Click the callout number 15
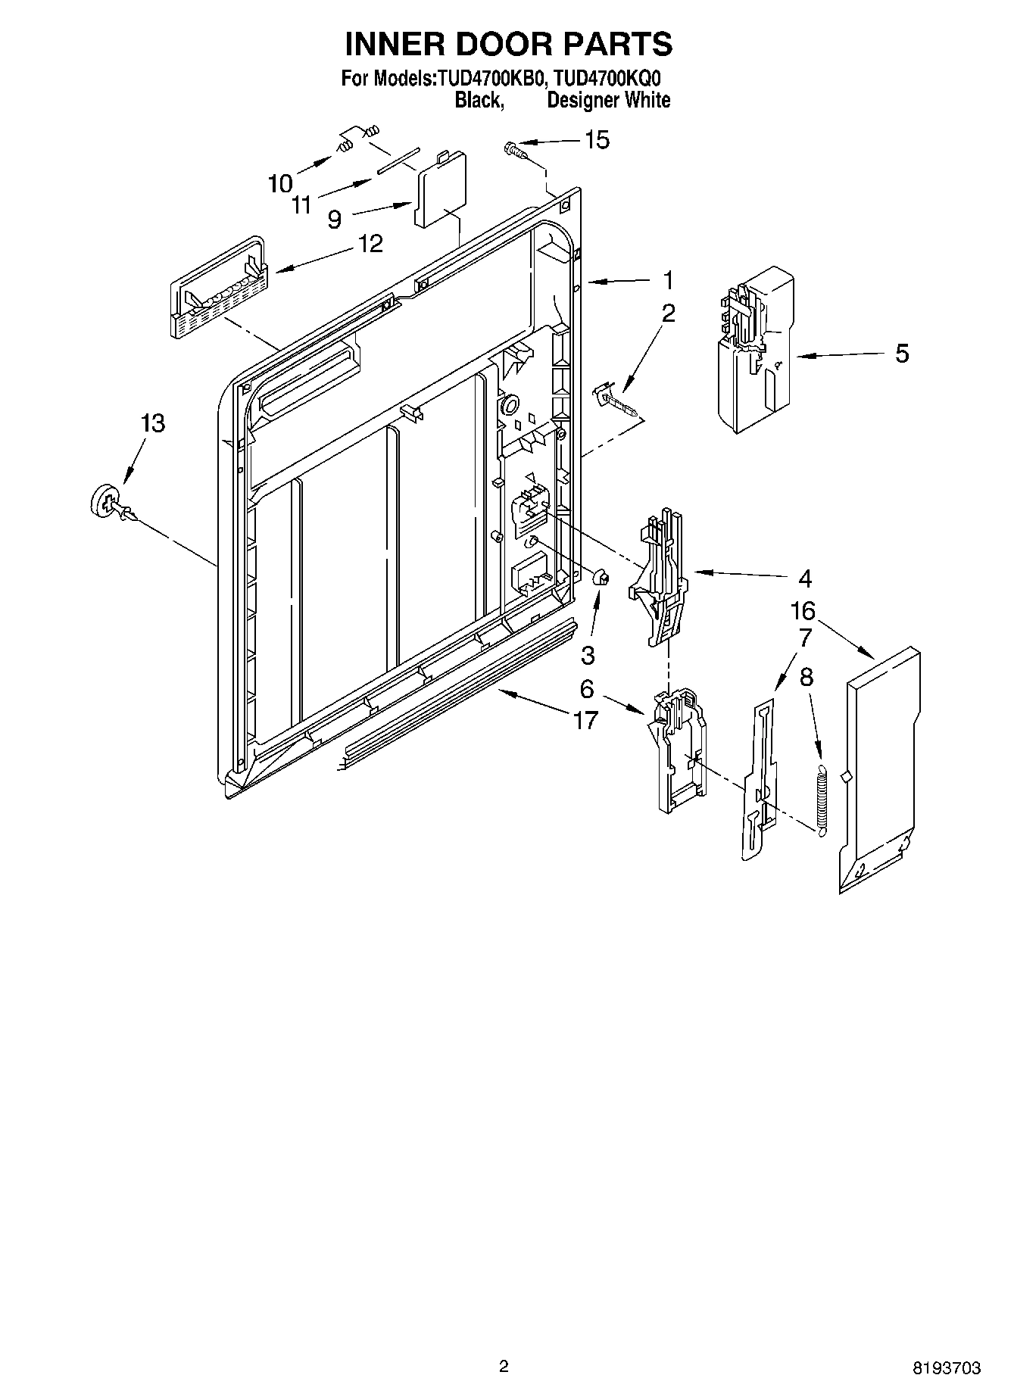597,140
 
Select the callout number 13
152,423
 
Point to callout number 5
902,354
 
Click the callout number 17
585,720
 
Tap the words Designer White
608,100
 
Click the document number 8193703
947,1367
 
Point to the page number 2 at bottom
504,1365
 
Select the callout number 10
280,183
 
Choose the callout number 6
587,690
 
